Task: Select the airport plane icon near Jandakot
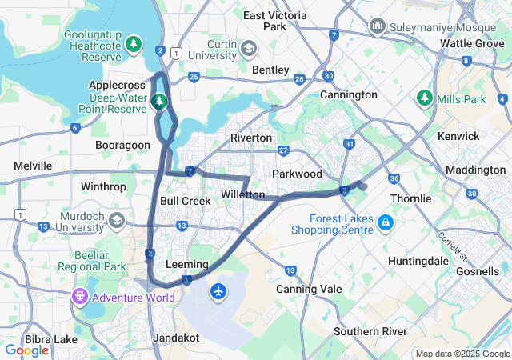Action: click(218, 291)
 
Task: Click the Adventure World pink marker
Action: click(79, 298)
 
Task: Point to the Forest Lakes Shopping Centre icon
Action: click(386, 221)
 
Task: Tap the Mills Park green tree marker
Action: click(424, 99)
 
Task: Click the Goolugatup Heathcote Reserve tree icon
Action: click(134, 42)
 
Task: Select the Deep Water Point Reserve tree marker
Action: click(158, 102)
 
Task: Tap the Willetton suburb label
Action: click(242, 194)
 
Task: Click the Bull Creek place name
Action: click(185, 201)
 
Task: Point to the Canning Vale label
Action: click(309, 289)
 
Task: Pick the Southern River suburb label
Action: click(370, 331)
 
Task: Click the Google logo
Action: click(26, 350)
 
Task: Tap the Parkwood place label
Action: click(297, 174)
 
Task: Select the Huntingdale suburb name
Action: click(419, 261)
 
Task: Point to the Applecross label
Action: click(117, 85)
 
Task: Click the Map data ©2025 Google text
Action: click(462, 354)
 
